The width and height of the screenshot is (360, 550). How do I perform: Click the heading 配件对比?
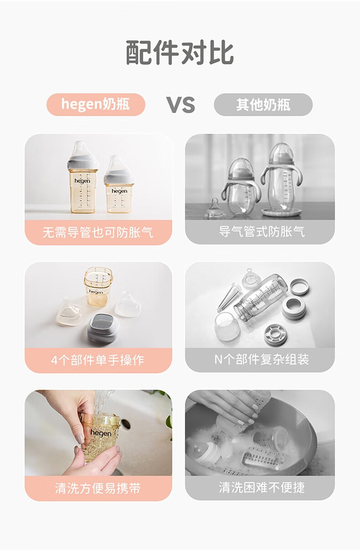pos(180,52)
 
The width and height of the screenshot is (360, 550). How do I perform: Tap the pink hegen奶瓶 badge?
pos(96,104)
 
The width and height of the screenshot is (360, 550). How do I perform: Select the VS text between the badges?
pos(180,105)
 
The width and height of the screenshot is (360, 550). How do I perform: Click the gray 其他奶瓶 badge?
pos(263,104)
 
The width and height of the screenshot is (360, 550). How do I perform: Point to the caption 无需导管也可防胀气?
pos(98,232)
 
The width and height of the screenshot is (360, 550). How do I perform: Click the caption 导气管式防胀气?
pos(262,232)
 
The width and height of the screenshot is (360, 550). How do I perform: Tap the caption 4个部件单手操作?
pos(98,360)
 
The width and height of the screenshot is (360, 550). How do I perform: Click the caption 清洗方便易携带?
pos(98,488)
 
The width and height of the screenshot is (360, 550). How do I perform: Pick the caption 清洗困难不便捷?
pos(262,487)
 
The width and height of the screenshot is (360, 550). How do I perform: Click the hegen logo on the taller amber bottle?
pos(82,181)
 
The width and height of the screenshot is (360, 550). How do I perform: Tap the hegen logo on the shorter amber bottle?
pos(119,191)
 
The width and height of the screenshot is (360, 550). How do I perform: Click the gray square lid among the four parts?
pos(103,328)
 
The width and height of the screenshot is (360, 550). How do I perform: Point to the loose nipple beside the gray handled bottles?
pos(215,209)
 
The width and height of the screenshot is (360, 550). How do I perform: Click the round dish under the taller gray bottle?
pos(281,212)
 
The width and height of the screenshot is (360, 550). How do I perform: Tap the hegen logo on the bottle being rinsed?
pos(101,433)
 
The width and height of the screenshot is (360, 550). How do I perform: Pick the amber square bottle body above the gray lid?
pos(98,286)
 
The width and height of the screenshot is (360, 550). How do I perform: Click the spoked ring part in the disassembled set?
pos(275,335)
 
